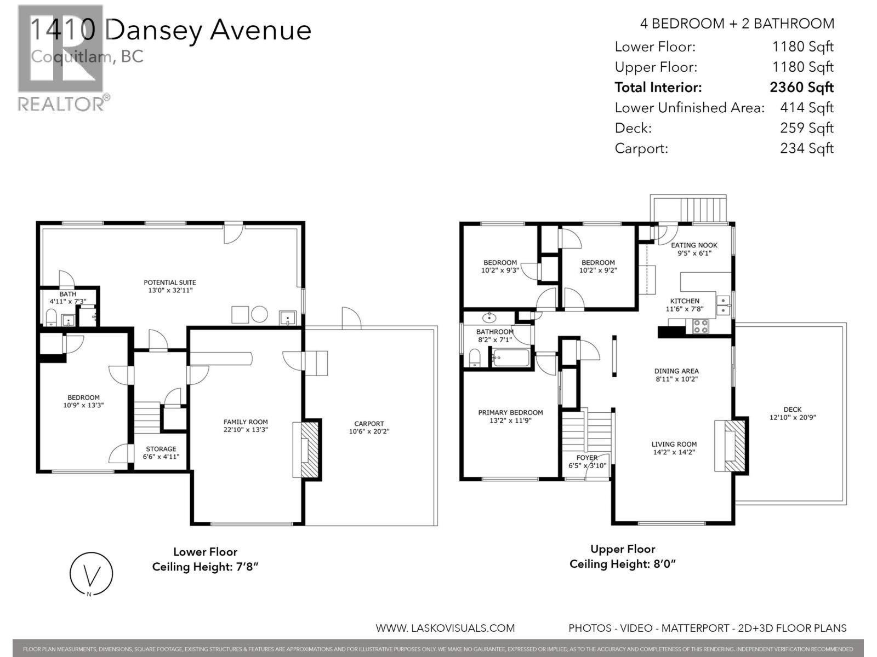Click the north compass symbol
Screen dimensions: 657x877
click(92, 574)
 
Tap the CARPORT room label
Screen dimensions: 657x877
click(369, 423)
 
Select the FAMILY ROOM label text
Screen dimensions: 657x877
click(246, 422)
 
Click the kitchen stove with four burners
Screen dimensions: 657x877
click(701, 326)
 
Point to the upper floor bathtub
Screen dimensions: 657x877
click(511, 359)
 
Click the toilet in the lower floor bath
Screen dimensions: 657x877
click(50, 318)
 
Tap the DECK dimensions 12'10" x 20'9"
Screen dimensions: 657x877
click(793, 417)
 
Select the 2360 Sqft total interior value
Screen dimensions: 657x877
click(801, 87)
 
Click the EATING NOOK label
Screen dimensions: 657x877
click(694, 245)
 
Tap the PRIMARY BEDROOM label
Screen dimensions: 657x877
click(510, 412)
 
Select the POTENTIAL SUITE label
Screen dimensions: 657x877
click(170, 283)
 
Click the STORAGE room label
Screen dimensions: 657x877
click(161, 448)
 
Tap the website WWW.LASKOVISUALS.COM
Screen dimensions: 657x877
click(445, 628)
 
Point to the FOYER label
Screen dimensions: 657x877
click(586, 457)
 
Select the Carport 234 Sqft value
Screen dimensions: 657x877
click(806, 148)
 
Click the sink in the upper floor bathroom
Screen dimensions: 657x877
click(488, 318)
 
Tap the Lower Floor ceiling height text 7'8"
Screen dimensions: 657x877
click(205, 567)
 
